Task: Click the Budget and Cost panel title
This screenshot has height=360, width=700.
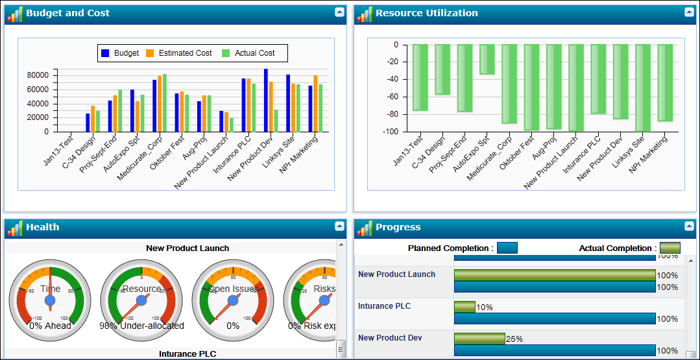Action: click(67, 13)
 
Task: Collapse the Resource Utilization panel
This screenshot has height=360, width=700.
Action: click(689, 12)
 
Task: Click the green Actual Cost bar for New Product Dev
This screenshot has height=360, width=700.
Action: click(276, 120)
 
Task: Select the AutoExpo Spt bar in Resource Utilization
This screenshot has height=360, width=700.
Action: click(487, 59)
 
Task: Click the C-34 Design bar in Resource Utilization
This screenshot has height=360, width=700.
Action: click(442, 69)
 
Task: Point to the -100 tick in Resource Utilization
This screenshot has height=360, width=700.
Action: click(389, 132)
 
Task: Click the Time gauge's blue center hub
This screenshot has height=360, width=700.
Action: click(50, 301)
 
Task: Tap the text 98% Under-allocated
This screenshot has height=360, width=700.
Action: click(141, 326)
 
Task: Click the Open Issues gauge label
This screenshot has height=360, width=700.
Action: click(233, 289)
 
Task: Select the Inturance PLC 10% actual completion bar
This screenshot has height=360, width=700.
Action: click(465, 307)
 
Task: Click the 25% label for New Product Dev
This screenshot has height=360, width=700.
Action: click(514, 339)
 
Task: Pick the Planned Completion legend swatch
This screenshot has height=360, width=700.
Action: click(507, 248)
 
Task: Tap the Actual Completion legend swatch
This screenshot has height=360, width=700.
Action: click(670, 248)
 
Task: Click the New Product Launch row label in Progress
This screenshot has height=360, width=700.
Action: click(396, 274)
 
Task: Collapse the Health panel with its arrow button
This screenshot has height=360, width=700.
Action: click(339, 226)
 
